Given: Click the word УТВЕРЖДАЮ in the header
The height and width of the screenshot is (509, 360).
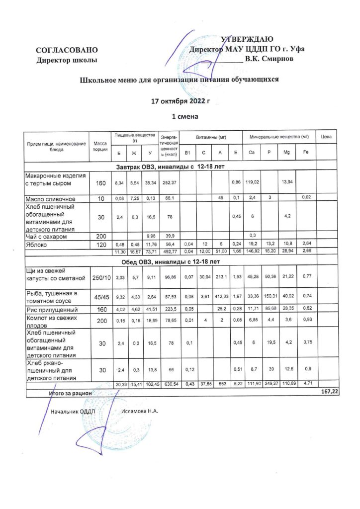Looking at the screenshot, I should point(247,40).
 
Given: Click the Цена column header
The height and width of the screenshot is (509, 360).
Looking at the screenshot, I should point(326,136).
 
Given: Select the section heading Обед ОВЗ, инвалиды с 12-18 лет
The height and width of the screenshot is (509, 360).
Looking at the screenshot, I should point(172,262).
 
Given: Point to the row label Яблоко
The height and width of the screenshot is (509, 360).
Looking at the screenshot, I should point(37,245).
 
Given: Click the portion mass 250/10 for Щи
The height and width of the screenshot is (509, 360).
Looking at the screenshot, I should point(101,277).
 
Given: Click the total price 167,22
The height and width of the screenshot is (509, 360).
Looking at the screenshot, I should point(330,392).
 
